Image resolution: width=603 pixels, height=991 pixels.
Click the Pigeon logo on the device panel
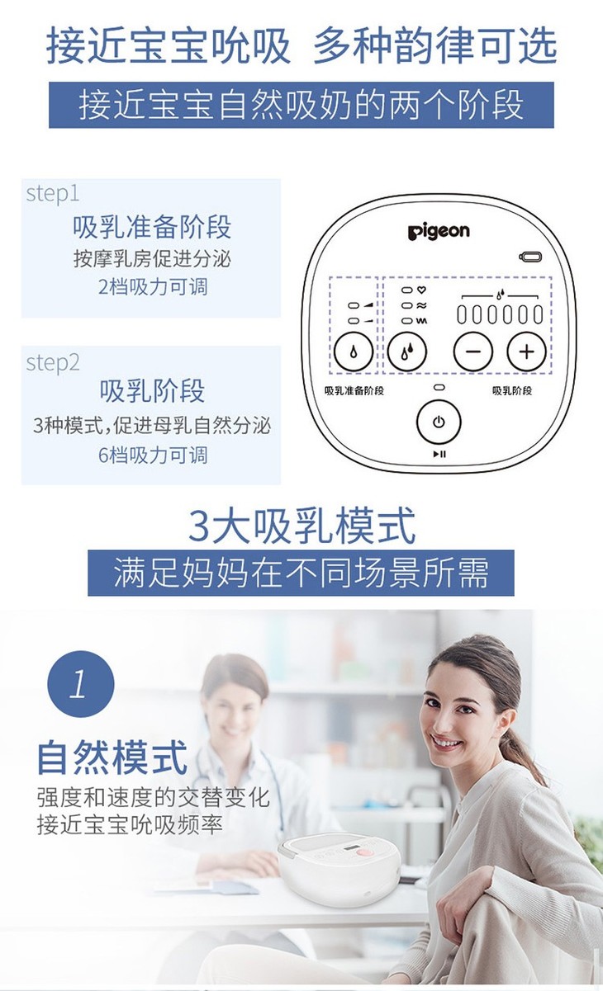(439, 232)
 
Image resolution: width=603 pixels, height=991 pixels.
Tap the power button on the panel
(439, 422)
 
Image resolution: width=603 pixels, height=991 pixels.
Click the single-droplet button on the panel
(354, 352)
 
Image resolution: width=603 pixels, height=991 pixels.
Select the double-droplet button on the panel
(407, 352)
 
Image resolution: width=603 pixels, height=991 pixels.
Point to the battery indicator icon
(530, 257)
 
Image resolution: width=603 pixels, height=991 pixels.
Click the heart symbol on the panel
(421, 290)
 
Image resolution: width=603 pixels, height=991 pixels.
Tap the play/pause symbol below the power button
(439, 454)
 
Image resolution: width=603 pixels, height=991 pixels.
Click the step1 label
(52, 194)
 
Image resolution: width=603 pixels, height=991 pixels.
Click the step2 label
(53, 363)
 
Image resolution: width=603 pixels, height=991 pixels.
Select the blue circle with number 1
(81, 683)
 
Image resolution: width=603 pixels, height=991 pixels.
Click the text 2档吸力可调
(153, 287)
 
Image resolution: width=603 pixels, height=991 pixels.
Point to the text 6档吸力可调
(153, 455)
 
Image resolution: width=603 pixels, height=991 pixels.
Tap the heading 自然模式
(112, 757)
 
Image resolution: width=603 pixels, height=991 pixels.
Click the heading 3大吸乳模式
(302, 526)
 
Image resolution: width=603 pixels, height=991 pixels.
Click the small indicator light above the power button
(439, 388)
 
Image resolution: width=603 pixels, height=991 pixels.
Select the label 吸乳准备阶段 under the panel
(354, 390)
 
